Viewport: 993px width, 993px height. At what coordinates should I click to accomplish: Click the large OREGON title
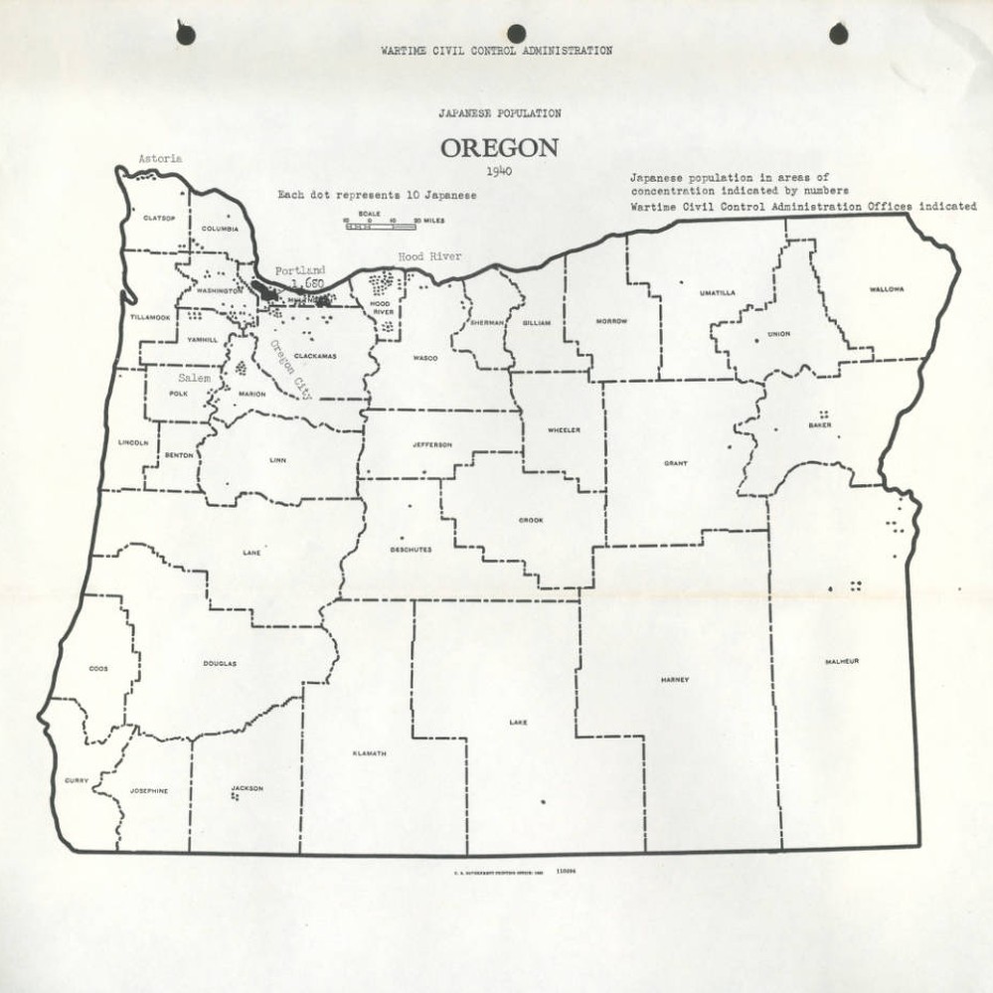[499, 148]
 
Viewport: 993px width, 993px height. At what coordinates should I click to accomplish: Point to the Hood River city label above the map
[424, 256]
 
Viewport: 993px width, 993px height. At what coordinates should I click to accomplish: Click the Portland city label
[299, 270]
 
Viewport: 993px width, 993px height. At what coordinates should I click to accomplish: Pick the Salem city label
[194, 379]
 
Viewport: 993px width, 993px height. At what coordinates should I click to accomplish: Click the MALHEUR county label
[841, 662]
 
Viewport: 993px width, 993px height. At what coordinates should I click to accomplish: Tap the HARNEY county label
[674, 680]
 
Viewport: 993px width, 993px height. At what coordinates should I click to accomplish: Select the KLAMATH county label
[369, 753]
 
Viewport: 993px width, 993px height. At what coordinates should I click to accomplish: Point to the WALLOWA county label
[886, 289]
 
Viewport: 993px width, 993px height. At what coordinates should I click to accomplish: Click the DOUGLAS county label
[220, 663]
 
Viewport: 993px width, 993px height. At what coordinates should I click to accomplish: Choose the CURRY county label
[77, 780]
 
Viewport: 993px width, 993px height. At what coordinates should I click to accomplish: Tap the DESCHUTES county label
[411, 549]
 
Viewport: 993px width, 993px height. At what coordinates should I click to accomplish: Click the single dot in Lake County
[543, 801]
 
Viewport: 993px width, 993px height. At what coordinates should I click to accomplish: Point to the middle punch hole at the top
[515, 34]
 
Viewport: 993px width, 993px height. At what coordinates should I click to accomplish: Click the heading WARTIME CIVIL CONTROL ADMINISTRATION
[496, 51]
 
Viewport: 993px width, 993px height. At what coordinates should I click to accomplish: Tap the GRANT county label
[676, 463]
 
